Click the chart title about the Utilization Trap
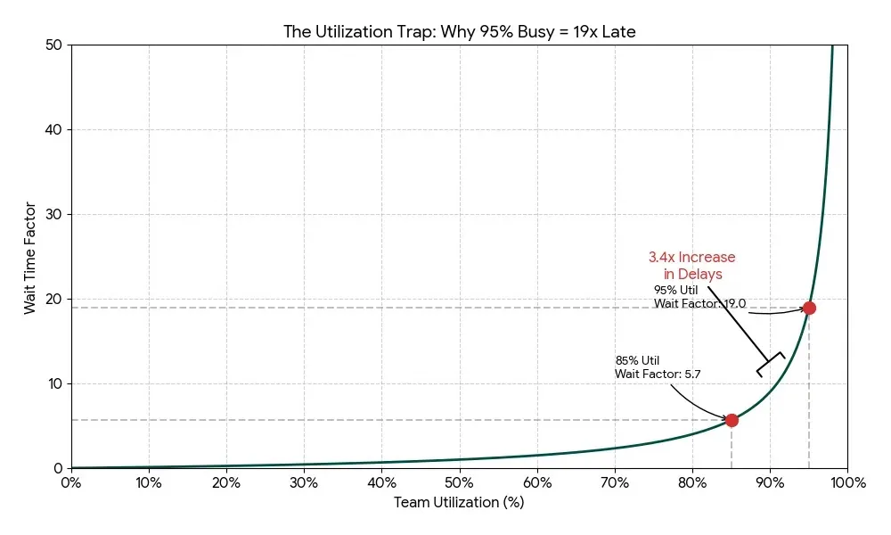[459, 32]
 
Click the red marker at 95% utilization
[809, 308]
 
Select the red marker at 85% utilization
[732, 420]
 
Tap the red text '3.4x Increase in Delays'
[692, 266]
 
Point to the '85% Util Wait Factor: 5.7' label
[658, 367]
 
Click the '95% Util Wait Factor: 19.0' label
[699, 297]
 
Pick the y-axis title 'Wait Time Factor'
[30, 256]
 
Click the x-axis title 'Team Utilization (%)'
[459, 503]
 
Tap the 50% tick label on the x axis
[459, 483]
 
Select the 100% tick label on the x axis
[846, 483]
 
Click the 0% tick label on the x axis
[71, 483]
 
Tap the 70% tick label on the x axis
[615, 483]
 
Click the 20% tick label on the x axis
[226, 483]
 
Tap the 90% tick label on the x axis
[770, 483]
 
